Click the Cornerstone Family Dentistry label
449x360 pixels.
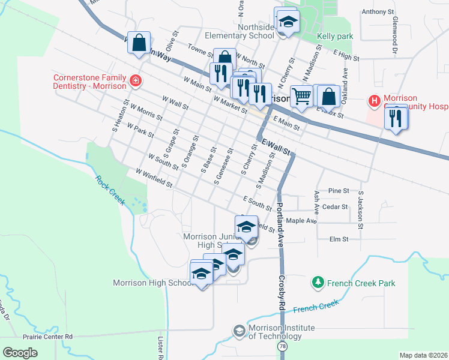point(90,82)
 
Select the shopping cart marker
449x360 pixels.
point(302,95)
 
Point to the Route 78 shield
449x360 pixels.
point(282,347)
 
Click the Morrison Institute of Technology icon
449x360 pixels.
point(240,331)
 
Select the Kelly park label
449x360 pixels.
point(335,37)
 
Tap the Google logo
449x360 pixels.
point(20,353)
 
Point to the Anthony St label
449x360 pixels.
point(378,11)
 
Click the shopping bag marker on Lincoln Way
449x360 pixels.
point(139,43)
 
